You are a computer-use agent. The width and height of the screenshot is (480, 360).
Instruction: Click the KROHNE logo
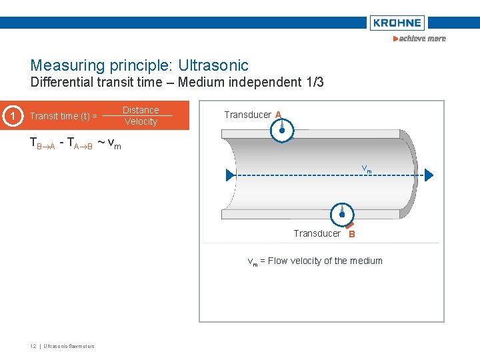pyautogui.click(x=397, y=23)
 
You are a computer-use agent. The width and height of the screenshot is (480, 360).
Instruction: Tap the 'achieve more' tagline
pyautogui.click(x=420, y=39)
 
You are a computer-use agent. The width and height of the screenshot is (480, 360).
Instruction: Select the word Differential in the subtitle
pyautogui.click(x=64, y=83)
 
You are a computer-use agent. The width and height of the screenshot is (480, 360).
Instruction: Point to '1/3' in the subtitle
pyautogui.click(x=314, y=83)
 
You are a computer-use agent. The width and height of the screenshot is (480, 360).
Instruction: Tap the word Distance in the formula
pyautogui.click(x=141, y=110)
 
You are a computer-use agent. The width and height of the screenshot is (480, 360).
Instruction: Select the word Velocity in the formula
pyautogui.click(x=141, y=121)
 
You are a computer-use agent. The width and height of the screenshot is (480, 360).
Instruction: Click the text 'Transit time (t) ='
pyautogui.click(x=63, y=116)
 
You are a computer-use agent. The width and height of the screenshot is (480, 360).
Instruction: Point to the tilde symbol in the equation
pyautogui.click(x=101, y=142)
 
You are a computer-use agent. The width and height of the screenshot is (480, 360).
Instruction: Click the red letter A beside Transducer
pyautogui.click(x=278, y=115)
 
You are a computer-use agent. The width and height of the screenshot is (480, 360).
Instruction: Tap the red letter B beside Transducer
pyautogui.click(x=352, y=234)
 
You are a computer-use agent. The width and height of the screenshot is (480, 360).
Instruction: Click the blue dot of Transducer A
pyautogui.click(x=282, y=131)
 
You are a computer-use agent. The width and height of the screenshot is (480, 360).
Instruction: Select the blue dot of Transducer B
pyautogui.click(x=341, y=214)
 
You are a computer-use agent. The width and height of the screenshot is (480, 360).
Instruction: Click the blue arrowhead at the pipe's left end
pyautogui.click(x=230, y=175)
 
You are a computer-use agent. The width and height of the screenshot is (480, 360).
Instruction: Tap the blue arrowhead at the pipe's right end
pyautogui.click(x=429, y=175)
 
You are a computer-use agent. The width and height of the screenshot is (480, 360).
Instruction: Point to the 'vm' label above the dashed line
pyautogui.click(x=366, y=169)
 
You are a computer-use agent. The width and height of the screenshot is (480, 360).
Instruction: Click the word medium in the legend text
pyautogui.click(x=366, y=261)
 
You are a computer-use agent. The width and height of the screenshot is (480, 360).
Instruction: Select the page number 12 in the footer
pyautogui.click(x=33, y=346)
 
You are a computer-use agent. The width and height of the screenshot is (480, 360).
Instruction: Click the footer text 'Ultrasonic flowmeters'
pyautogui.click(x=69, y=346)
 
